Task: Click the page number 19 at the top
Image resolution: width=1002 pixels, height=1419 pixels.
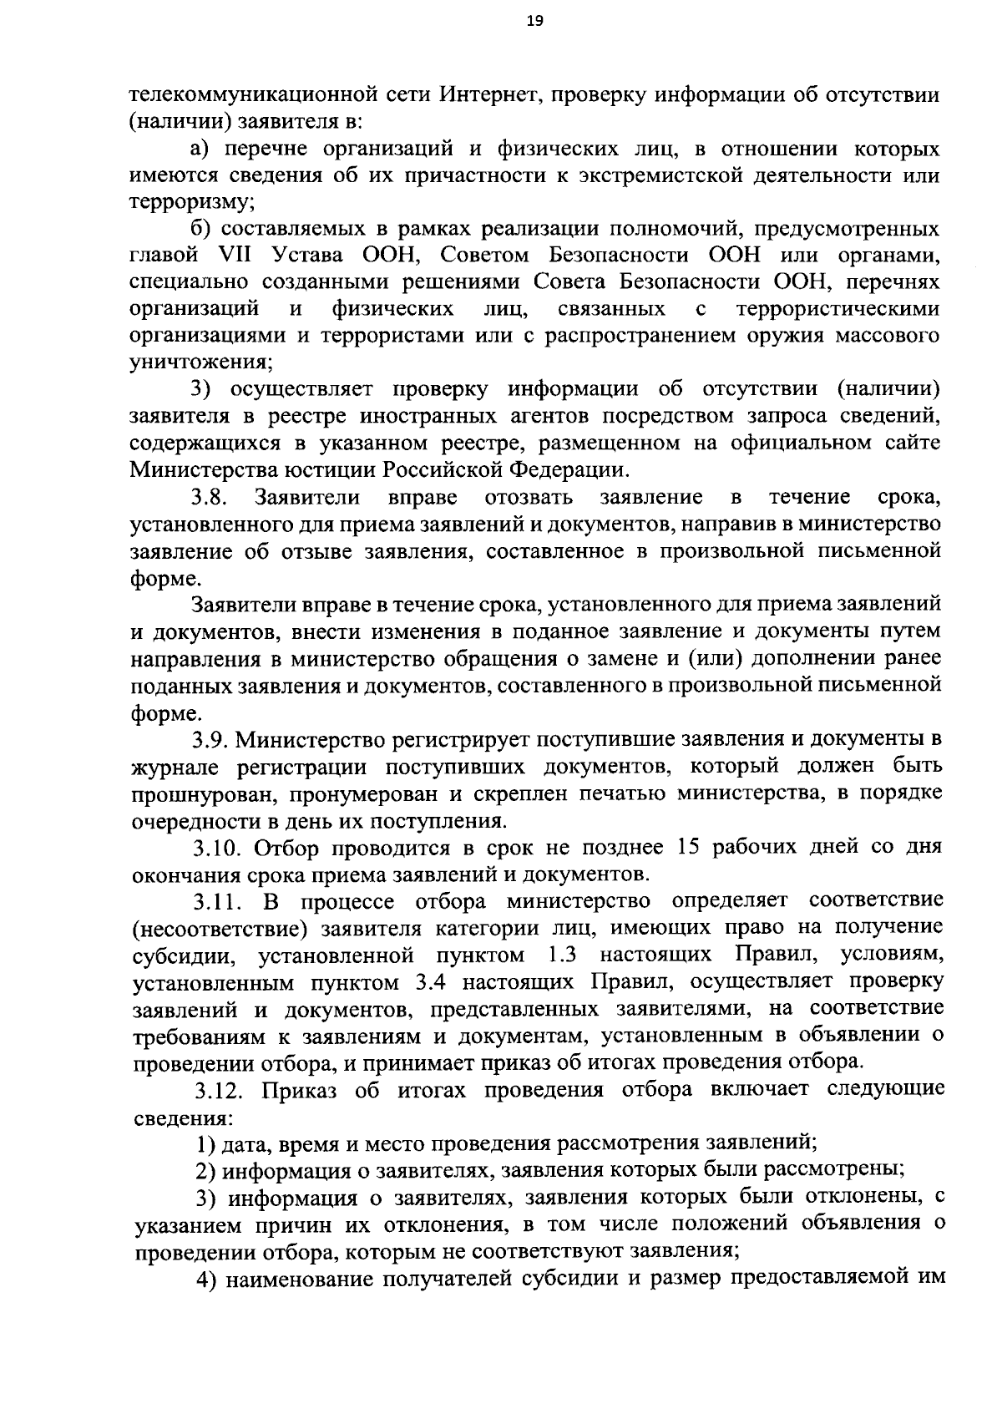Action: point(534,22)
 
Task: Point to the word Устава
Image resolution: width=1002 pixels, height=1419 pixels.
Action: point(306,256)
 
